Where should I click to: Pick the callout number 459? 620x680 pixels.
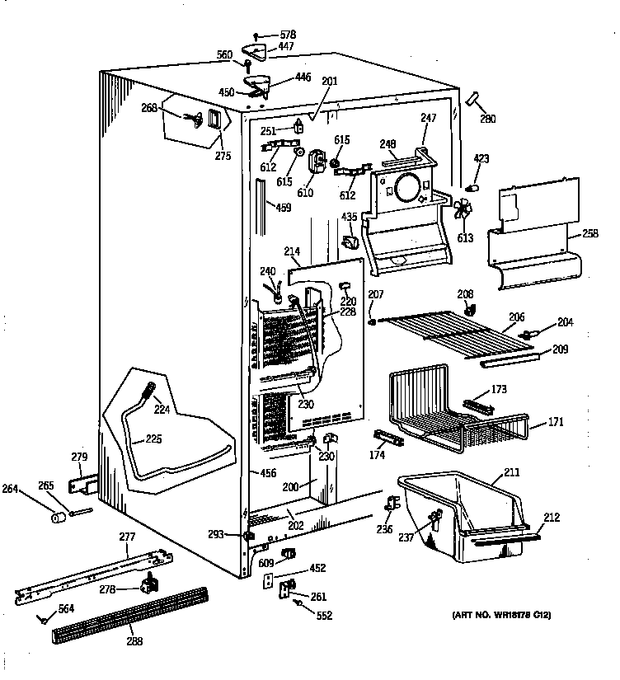coord(283,208)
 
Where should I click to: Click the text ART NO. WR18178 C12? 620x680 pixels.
coord(500,615)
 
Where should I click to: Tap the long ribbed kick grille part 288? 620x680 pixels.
coord(132,614)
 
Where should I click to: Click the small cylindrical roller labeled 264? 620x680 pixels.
coord(58,518)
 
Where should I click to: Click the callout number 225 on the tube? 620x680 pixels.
coord(153,439)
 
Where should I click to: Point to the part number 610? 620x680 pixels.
coord(305,193)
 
